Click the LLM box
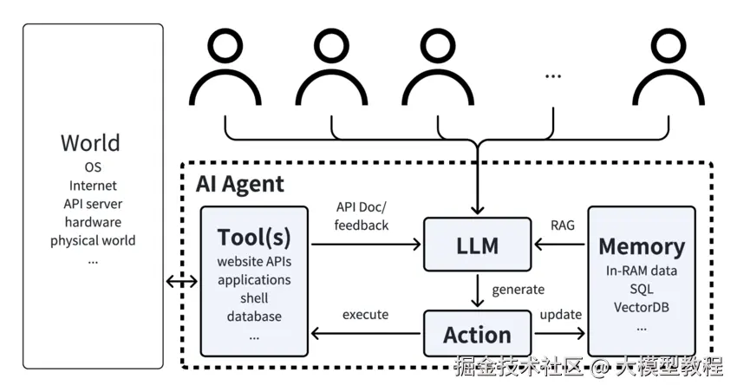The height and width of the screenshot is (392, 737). coord(477,245)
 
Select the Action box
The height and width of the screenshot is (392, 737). coord(477,334)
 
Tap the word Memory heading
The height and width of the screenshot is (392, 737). coord(642,245)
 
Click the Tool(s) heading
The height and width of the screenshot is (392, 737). coord(254,238)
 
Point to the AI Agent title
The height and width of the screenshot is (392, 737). coord(240,184)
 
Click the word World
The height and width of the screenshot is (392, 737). coord(90,143)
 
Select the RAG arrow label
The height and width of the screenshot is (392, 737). coord(562,225)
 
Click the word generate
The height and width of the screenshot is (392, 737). coord(518,289)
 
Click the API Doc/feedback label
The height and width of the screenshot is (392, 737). coord(362,216)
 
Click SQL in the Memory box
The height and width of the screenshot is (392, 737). coord(642,289)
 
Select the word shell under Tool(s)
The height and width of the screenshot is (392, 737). coord(254,298)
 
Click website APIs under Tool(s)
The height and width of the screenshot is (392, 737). coord(254,263)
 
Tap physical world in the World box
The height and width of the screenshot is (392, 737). coord(93,240)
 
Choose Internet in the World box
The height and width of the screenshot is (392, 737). coord(93,185)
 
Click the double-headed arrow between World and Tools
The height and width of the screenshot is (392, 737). coord(181,281)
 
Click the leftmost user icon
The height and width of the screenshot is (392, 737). coord(225,69)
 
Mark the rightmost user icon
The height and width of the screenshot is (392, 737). coord(668,69)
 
